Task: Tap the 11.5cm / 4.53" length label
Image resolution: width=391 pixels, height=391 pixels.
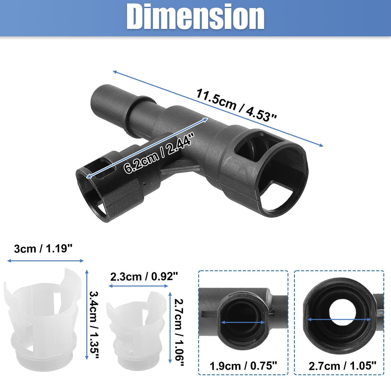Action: click(236, 105)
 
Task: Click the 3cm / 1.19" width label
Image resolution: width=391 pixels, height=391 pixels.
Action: click(43, 249)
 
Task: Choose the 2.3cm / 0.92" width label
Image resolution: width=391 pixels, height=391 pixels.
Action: click(144, 276)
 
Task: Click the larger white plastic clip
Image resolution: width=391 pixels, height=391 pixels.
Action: click(42, 318)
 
